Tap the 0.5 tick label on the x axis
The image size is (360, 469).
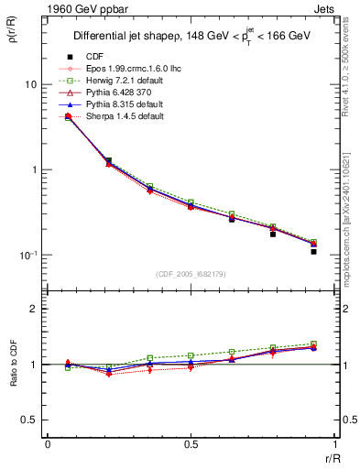click(191, 443)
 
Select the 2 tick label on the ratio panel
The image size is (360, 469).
click(33, 309)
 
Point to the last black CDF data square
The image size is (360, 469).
click(313, 251)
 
